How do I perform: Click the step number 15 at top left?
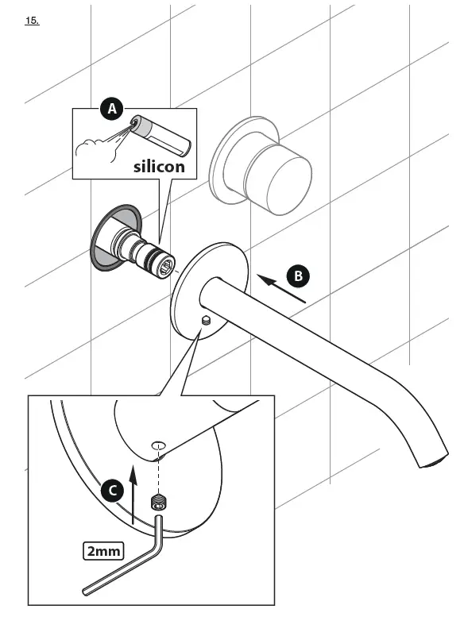click(32, 21)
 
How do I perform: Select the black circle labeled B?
click(299, 276)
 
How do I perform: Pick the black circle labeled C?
click(113, 491)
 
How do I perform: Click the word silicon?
click(159, 167)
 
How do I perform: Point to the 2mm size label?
click(102, 549)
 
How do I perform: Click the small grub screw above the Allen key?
click(159, 502)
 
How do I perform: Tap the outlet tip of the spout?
click(431, 461)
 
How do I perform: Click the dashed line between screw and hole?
click(159, 472)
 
